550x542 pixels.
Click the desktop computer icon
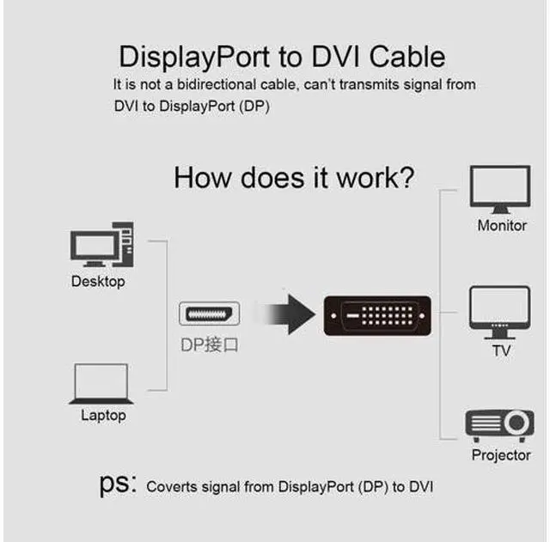point(101,244)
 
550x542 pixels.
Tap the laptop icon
point(101,384)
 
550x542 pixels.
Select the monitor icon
point(500,190)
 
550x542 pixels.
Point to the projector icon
point(500,424)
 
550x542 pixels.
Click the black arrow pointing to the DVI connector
point(290,314)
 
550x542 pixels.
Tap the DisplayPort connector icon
point(210,314)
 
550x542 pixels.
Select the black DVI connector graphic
point(377,315)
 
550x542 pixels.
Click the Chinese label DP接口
point(210,344)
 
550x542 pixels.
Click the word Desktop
point(98,282)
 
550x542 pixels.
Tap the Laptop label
point(103,416)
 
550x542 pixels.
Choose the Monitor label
point(502,225)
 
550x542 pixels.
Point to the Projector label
point(501,455)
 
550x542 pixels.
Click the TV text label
point(501,350)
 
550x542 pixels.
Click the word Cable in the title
point(407,57)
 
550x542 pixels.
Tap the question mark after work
point(407,178)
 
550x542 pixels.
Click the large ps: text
point(118,484)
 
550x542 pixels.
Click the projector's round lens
point(516,422)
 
